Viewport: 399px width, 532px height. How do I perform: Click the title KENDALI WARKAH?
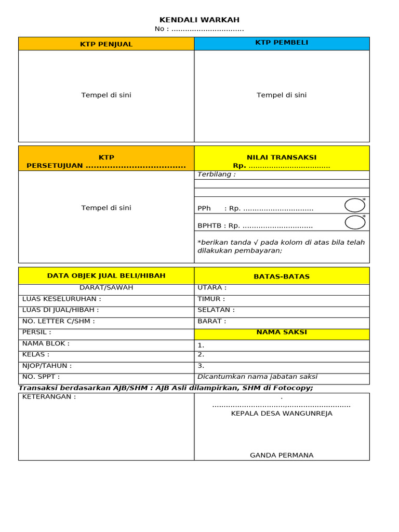coord(199,20)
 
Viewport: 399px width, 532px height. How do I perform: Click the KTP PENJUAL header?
coord(106,44)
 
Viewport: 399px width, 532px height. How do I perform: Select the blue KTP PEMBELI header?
coord(282,43)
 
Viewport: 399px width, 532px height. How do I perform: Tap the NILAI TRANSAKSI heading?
coord(282,157)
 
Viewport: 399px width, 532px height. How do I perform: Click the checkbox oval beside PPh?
coord(355,205)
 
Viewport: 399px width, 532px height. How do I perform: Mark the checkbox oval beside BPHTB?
coord(355,222)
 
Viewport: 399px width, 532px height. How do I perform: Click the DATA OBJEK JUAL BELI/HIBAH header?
coord(106,276)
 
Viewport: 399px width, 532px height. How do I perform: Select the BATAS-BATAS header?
coord(282,276)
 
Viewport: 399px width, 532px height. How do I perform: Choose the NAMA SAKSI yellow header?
coord(282,332)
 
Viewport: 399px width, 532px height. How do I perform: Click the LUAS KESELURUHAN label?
coord(61,299)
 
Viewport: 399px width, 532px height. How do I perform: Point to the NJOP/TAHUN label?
coord(47,366)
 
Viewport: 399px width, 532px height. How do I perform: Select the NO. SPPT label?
coord(41,377)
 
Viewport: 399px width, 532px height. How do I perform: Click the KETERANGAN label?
coord(49,397)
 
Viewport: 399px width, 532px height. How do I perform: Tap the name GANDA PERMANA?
coord(282,455)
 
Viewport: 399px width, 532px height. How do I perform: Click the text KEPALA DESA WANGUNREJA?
coord(282,414)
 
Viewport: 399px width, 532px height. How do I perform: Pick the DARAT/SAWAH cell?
coord(106,288)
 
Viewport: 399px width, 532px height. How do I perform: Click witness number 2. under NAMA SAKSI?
coord(201,355)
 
